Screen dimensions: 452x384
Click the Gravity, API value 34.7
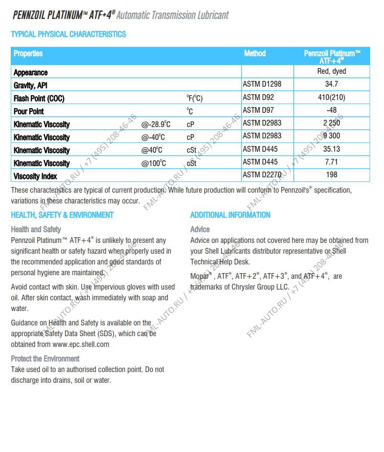click(x=331, y=85)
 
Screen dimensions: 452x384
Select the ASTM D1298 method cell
click(x=261, y=84)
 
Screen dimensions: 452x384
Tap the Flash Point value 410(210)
click(x=331, y=97)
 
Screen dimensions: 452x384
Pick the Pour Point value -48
click(x=331, y=110)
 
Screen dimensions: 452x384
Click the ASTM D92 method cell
click(x=259, y=97)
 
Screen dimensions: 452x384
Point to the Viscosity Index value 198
click(x=331, y=175)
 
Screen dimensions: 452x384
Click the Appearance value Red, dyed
click(x=331, y=72)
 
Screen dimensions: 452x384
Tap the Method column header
click(x=255, y=53)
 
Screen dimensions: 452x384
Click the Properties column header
click(x=28, y=53)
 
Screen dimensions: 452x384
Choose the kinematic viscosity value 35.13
click(x=331, y=149)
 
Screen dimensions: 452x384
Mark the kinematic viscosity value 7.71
click(x=331, y=162)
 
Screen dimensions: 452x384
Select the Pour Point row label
click(x=29, y=111)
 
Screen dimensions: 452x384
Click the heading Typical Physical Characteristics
click(x=68, y=34)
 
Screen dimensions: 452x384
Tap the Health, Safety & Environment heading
click(x=62, y=215)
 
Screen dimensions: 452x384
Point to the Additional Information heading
click(x=230, y=215)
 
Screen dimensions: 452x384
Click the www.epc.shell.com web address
click(x=80, y=344)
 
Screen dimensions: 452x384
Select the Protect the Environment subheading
click(x=45, y=359)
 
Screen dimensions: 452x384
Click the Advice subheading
click(x=200, y=229)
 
